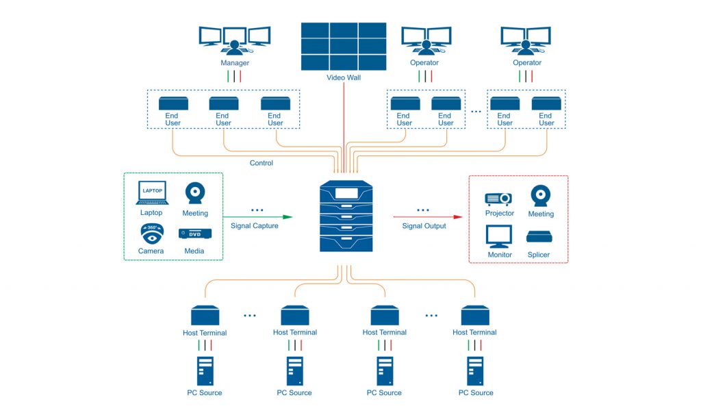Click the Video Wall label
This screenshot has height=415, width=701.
tap(344, 77)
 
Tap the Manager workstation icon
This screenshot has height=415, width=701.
tap(235, 40)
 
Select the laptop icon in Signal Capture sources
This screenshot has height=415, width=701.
tap(152, 193)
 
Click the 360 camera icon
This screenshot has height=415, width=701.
tap(152, 234)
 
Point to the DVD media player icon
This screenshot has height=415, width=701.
tap(195, 234)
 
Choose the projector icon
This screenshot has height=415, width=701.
tap(498, 199)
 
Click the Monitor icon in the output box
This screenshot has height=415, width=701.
tap(499, 236)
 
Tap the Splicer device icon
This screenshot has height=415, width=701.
tap(539, 237)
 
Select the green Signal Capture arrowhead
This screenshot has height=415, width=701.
tap(288, 217)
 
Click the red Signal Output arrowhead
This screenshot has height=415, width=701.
tap(458, 217)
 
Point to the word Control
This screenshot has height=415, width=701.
tap(261, 163)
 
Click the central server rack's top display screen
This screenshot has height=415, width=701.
tap(346, 193)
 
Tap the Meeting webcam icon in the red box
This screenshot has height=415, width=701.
tap(541, 196)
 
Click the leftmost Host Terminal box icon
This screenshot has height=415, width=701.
tap(205, 315)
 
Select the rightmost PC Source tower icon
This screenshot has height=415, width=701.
tap(475, 370)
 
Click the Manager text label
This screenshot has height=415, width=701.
tap(235, 63)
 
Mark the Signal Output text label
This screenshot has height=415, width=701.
tap(424, 226)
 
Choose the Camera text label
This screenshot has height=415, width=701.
tap(151, 251)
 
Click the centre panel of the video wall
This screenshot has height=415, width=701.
tap(344, 47)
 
